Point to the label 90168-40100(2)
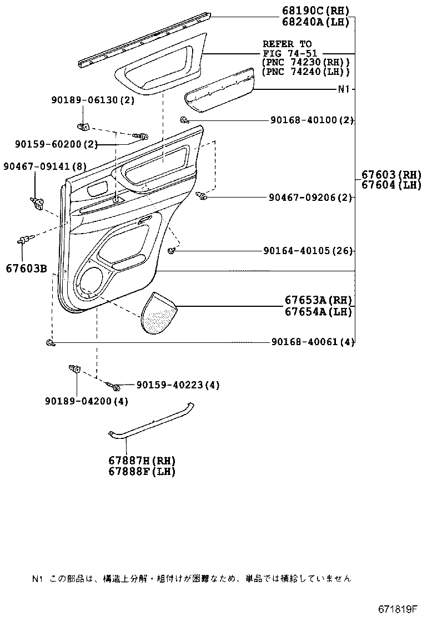point(313,120)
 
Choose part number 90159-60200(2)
point(56,145)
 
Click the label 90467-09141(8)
point(45,166)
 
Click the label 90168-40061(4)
point(313,342)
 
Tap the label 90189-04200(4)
point(86,401)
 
